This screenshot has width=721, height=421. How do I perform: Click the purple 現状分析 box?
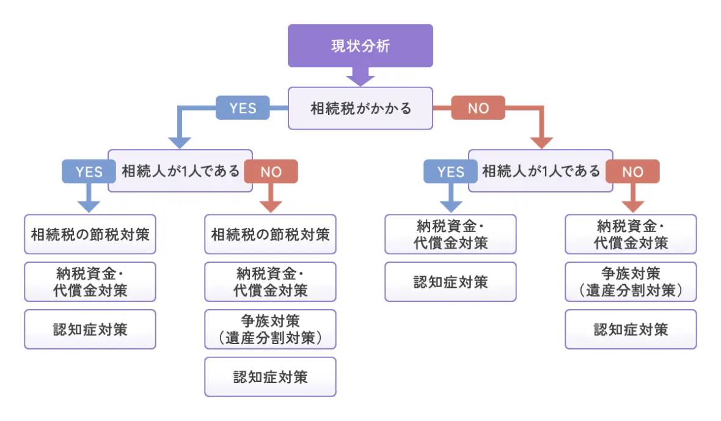[x=360, y=46]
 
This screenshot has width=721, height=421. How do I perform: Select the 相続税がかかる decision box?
[x=360, y=108]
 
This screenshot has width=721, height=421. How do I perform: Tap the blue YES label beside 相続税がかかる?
[x=243, y=108]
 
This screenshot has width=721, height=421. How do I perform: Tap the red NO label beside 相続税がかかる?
[x=478, y=108]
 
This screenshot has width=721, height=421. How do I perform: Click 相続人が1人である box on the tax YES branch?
[x=180, y=171]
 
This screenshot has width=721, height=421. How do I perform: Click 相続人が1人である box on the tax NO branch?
[x=541, y=171]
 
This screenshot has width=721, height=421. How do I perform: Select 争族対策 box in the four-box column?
[x=270, y=329]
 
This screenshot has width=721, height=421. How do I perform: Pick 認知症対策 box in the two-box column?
[x=450, y=282]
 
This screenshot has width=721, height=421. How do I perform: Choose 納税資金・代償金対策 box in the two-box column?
[x=450, y=234]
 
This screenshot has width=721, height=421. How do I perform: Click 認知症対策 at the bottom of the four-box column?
[x=270, y=377]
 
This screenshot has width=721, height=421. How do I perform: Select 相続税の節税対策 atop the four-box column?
[x=270, y=234]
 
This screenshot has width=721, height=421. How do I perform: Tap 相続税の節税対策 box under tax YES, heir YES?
[x=90, y=234]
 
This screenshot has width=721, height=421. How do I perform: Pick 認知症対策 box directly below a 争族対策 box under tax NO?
[x=631, y=329]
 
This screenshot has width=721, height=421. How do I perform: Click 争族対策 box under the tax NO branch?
[x=631, y=282]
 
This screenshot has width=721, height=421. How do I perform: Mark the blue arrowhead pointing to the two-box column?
[x=450, y=205]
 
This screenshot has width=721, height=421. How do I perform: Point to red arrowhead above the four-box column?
[x=270, y=205]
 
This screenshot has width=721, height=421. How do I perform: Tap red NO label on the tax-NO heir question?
[x=632, y=172]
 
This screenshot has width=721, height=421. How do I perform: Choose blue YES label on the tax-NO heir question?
[x=450, y=172]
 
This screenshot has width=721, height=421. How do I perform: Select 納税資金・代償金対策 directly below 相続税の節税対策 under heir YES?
[x=90, y=282]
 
